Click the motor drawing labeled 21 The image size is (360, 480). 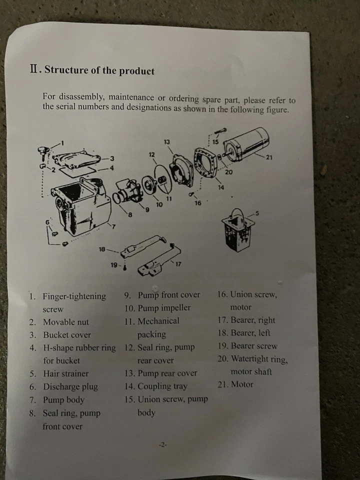coord(246,144)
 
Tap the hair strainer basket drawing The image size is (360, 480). coord(238,230)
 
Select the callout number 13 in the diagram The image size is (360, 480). coord(166,142)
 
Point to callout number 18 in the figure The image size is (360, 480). coord(102,249)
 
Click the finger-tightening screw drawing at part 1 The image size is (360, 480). coord(43,152)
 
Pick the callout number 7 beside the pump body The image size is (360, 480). coord(114,227)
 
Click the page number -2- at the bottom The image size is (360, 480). coord(163,444)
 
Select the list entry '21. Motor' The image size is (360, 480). coord(235,384)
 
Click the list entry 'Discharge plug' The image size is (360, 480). coord(70,386)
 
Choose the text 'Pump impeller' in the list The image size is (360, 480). coord(164,308)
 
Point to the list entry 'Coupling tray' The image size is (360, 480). coord(162,386)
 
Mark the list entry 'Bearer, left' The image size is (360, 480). coord(250,333)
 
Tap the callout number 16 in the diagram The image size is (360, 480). coord(198,203)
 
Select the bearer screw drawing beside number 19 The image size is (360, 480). coord(125,267)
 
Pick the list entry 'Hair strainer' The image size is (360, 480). coord(66,373)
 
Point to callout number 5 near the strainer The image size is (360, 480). coord(257,213)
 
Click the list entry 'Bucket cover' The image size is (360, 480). coord(67,335)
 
